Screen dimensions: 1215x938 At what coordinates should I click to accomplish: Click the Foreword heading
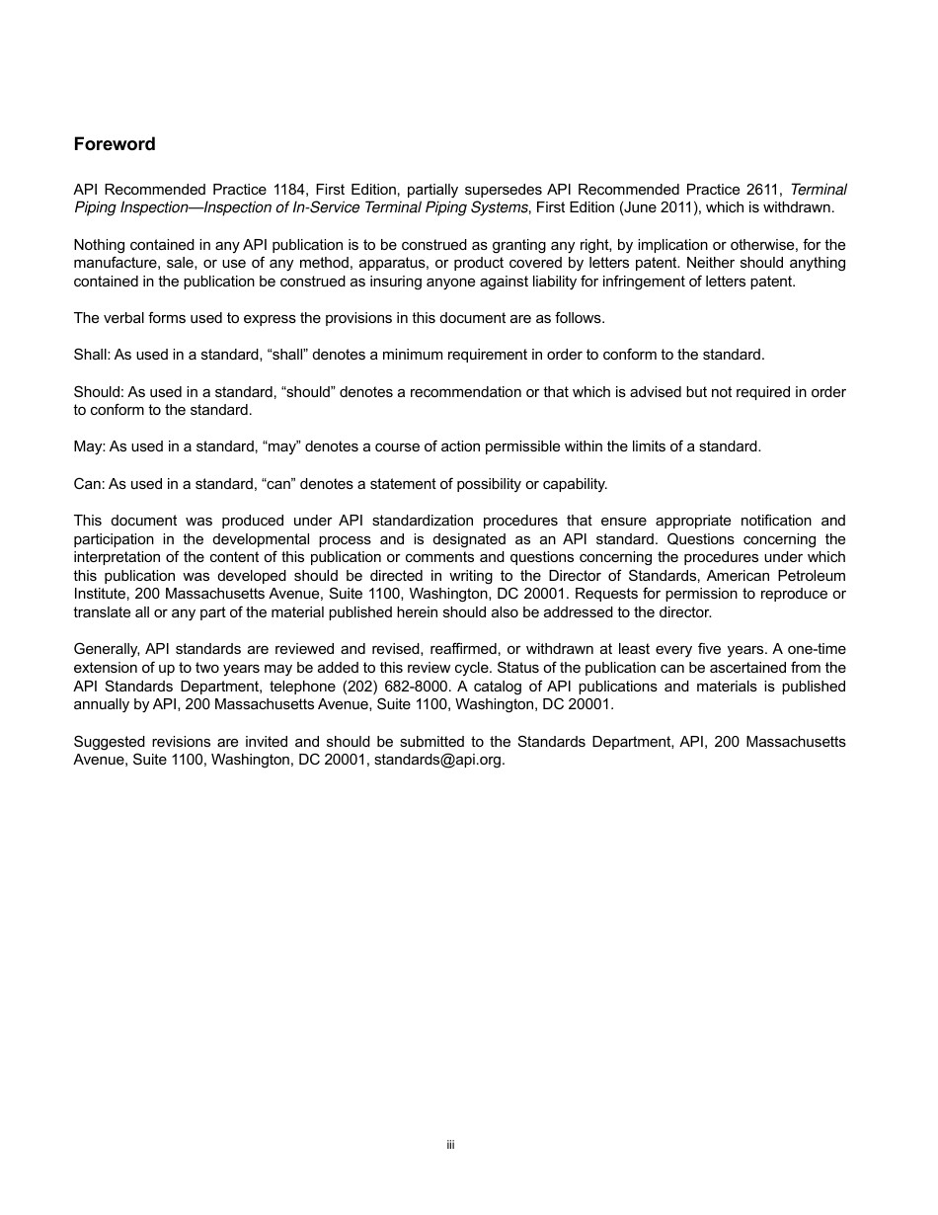(115, 144)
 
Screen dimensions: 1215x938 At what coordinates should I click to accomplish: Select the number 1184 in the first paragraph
(288, 190)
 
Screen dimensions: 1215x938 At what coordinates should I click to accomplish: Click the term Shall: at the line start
(92, 355)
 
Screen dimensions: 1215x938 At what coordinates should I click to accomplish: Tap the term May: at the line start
(89, 446)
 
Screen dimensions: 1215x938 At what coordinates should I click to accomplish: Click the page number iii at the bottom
(450, 1145)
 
